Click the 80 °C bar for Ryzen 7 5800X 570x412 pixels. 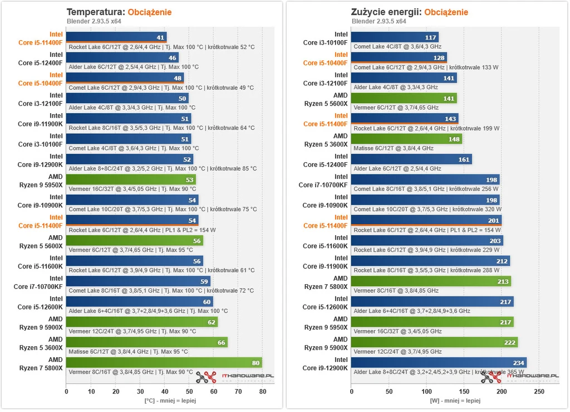point(164,362)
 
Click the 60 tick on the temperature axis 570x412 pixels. point(214,391)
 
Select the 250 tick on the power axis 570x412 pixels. point(539,391)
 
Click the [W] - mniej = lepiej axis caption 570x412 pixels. point(455,400)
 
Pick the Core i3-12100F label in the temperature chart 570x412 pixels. point(40,104)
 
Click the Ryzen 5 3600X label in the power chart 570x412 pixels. point(326,144)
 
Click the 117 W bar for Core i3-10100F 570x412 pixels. point(395,37)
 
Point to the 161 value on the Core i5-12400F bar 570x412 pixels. point(464,159)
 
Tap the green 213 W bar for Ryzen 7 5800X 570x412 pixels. point(431,282)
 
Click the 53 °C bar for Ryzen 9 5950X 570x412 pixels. point(131,180)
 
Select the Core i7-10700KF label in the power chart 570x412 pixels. point(323,185)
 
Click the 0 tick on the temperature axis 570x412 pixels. point(66,391)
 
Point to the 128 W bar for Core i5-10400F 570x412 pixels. point(399,57)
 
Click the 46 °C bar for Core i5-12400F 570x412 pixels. point(122,57)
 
